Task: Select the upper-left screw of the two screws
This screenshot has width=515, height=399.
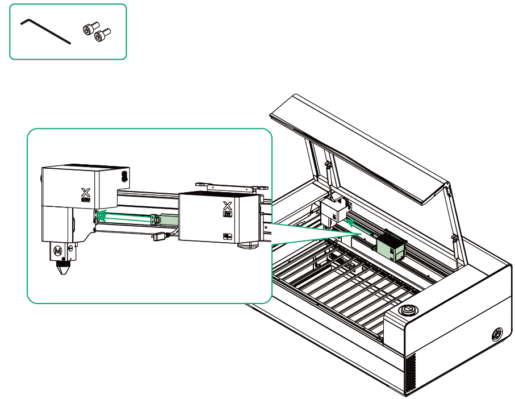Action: (x=89, y=28)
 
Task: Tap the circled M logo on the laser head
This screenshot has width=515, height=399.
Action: (x=57, y=250)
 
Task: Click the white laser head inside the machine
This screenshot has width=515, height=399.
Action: (x=333, y=211)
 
